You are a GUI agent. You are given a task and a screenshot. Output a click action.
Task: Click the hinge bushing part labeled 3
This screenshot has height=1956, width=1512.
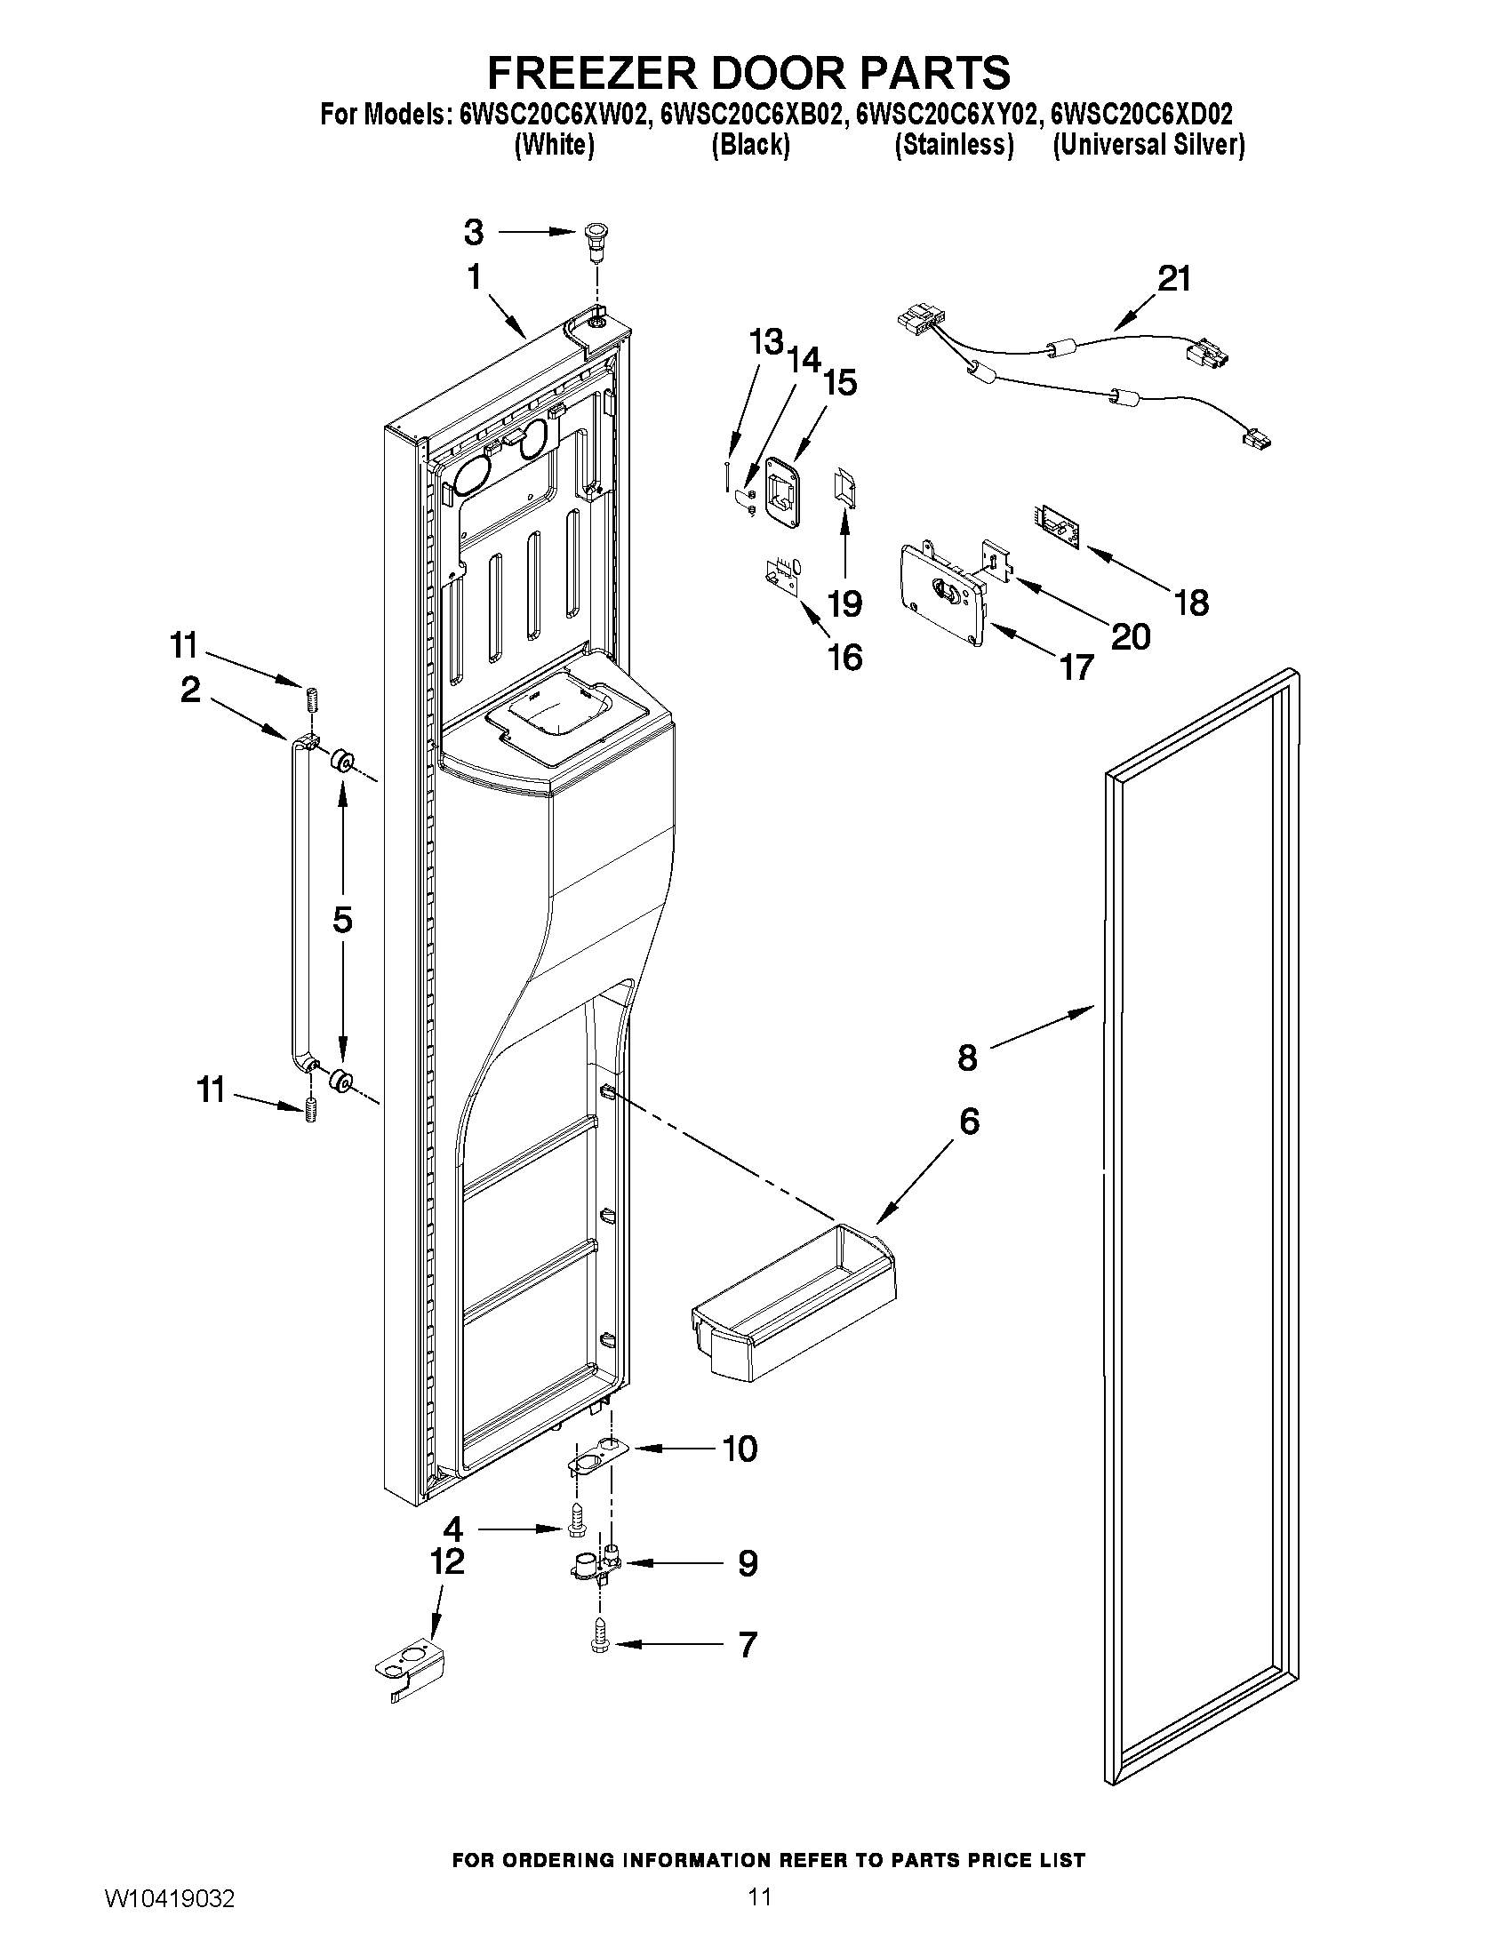tap(594, 238)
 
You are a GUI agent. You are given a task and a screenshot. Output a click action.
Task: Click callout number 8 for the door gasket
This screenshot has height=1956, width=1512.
tap(967, 1058)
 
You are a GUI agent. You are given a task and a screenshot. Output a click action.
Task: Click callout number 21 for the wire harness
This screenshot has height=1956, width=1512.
tap(1173, 278)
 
